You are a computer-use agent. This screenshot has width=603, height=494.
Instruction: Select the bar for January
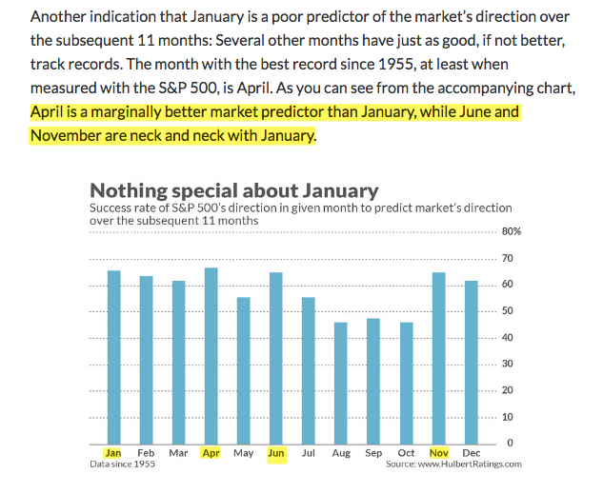(113, 357)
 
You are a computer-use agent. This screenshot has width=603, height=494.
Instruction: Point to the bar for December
(471, 362)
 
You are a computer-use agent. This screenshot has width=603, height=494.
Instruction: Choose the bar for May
(243, 370)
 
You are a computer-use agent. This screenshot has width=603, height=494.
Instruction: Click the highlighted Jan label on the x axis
(113, 453)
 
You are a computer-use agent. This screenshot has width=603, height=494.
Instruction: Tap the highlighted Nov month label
(438, 453)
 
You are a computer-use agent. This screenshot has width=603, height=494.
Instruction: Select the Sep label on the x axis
(373, 453)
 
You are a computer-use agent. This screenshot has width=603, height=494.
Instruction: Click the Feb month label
(146, 453)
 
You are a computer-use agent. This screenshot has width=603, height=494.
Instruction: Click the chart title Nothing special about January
(233, 189)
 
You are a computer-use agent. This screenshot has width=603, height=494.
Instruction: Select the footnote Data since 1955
(122, 464)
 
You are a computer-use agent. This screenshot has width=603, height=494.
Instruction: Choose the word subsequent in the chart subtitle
(163, 220)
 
